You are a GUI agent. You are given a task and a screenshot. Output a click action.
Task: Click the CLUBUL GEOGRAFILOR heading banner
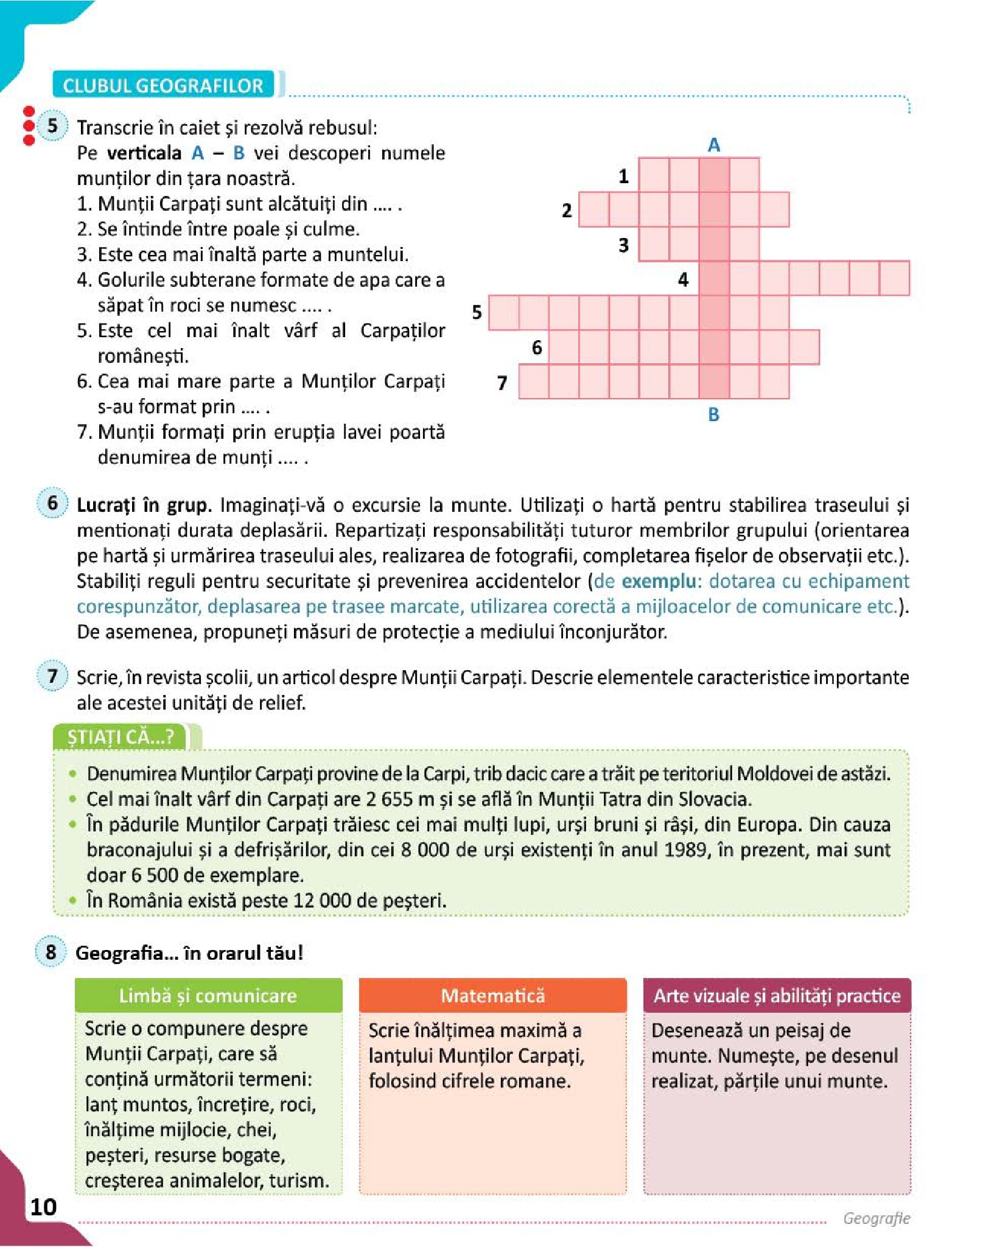pyautogui.click(x=163, y=85)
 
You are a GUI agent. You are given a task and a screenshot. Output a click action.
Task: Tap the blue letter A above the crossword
pyautogui.click(x=713, y=145)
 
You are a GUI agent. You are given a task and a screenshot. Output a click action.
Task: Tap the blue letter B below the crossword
pyautogui.click(x=713, y=414)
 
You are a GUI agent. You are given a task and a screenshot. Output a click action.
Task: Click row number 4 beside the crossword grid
pyautogui.click(x=683, y=279)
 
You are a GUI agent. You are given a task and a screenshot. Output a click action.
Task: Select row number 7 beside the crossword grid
pyautogui.click(x=502, y=383)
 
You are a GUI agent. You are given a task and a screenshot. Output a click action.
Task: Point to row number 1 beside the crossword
pyautogui.click(x=623, y=176)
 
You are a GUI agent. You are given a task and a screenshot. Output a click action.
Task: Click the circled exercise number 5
pyautogui.click(x=52, y=126)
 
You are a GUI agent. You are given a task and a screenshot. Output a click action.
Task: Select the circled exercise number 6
pyautogui.click(x=52, y=503)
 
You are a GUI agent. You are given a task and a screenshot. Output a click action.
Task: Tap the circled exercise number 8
pyautogui.click(x=51, y=952)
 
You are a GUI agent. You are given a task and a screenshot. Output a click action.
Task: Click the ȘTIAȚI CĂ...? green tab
pyautogui.click(x=121, y=737)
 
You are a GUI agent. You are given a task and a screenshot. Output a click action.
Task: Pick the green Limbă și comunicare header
pyautogui.click(x=208, y=996)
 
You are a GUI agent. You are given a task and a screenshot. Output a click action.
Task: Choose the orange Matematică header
pyautogui.click(x=492, y=996)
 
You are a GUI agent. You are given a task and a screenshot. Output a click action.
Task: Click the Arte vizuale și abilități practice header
pyautogui.click(x=777, y=996)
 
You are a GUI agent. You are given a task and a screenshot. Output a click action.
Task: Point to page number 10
pyautogui.click(x=43, y=1207)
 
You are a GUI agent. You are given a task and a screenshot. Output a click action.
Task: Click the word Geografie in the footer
pyautogui.click(x=876, y=1218)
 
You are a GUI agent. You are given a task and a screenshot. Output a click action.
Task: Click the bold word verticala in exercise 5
pyautogui.click(x=144, y=153)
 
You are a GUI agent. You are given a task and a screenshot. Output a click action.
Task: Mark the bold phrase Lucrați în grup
pyautogui.click(x=144, y=505)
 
